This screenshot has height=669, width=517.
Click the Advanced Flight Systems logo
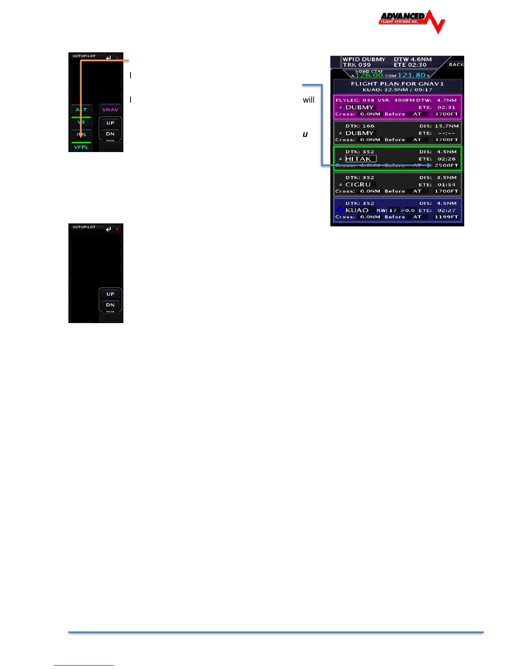(411, 21)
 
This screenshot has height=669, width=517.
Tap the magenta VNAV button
(110, 110)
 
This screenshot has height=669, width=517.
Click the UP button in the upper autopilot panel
(110, 123)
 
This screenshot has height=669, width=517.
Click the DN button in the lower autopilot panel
(110, 305)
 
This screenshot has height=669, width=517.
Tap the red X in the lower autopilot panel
(117, 229)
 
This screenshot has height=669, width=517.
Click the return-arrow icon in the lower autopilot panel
(109, 229)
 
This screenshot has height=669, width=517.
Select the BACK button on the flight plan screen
(456, 65)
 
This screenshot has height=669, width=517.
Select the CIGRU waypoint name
(358, 185)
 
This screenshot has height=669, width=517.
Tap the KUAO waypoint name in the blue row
(357, 210)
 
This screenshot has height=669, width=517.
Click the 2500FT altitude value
(446, 166)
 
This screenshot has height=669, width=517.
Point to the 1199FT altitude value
(446, 217)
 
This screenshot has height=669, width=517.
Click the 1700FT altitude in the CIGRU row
(446, 191)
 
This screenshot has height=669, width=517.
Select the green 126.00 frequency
(369, 76)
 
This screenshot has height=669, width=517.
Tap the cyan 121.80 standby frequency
(411, 76)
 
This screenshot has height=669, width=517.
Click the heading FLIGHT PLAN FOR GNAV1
(397, 84)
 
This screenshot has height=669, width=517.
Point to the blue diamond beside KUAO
(340, 210)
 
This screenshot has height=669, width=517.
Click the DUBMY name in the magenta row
(359, 107)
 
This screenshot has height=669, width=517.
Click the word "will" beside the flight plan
(308, 100)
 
